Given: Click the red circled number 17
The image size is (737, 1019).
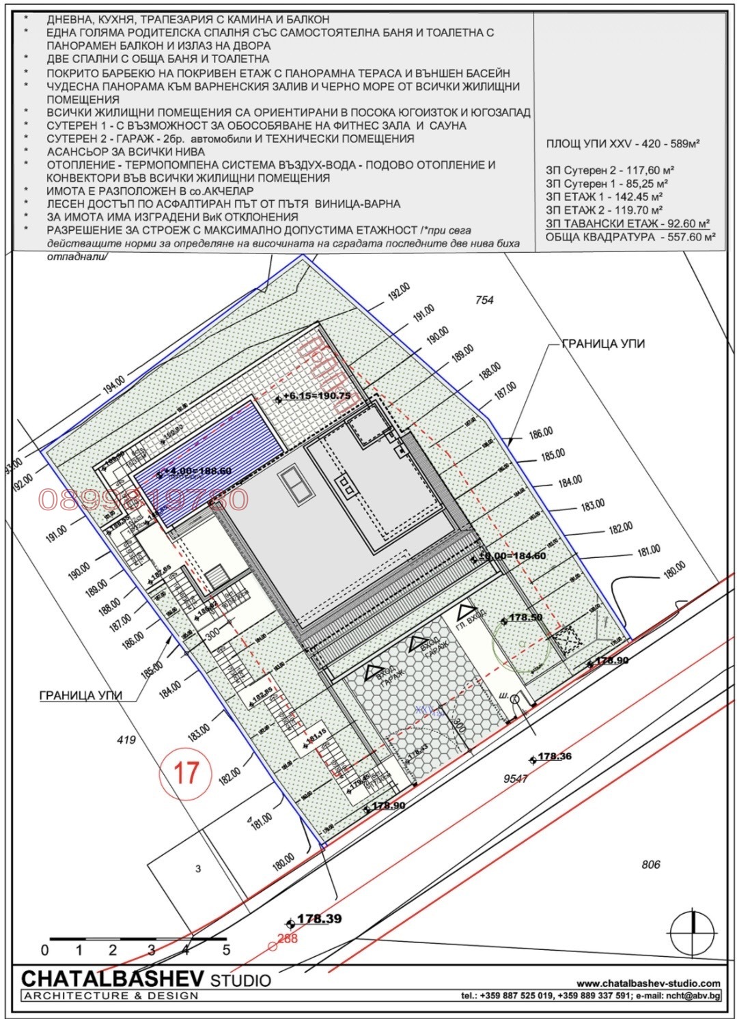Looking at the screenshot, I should point(186,772).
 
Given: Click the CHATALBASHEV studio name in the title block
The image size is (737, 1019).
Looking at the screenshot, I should point(113,979).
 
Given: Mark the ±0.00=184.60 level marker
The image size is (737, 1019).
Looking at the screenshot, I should point(513,556).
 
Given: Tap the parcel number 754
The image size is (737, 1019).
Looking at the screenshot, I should point(484,300).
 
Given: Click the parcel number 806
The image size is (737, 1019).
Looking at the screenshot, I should point(650,865).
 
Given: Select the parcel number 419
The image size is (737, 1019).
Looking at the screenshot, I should point(126,740).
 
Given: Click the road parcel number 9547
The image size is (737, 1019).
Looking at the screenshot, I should point(515,778).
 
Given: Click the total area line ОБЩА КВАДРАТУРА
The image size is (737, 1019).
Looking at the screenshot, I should point(630,237).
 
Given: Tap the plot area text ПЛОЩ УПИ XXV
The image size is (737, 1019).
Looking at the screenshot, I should point(623,144).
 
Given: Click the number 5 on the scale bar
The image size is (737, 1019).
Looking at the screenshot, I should point(226,950).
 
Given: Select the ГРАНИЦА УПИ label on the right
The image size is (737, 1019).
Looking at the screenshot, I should point(603,344).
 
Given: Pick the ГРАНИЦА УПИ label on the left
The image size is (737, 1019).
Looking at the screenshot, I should point(81,696).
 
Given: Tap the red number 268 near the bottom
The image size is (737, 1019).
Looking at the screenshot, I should point(287,938).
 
